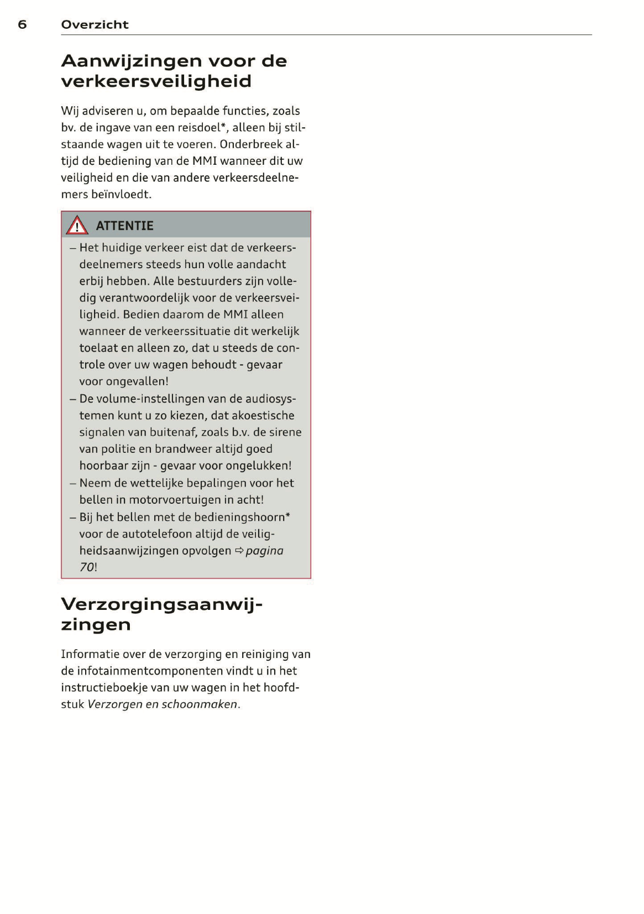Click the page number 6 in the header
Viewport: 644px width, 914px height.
22,24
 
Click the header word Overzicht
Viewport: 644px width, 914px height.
95,24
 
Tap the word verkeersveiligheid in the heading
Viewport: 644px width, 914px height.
156,81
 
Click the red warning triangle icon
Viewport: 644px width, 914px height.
77,226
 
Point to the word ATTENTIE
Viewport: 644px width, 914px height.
124,226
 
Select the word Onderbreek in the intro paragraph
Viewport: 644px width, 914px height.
249,144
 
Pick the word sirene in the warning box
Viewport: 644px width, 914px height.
285,432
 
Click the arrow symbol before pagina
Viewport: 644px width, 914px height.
239,551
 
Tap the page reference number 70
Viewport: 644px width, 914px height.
86,567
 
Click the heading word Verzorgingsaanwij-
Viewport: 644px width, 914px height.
161,604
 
